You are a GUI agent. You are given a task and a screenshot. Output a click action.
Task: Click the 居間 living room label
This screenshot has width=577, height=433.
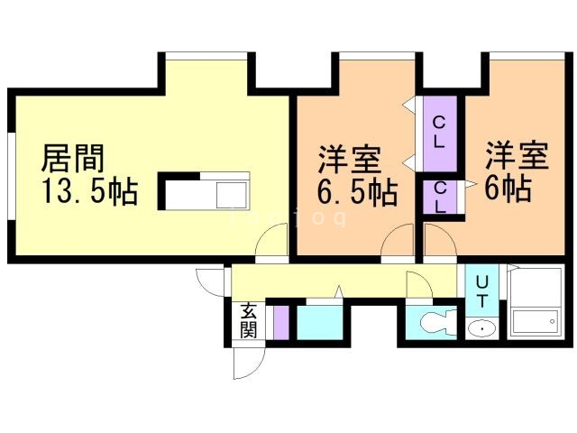coord(73,159)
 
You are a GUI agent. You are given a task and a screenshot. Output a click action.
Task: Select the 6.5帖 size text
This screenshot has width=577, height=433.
coord(356,192)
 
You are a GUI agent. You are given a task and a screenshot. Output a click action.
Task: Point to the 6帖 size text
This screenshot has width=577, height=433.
coord(508,189)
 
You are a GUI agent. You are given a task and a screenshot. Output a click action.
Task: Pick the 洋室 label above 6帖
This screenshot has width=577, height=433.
coord(517,156)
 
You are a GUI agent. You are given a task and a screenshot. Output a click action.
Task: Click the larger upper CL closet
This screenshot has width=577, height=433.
coord(438,132)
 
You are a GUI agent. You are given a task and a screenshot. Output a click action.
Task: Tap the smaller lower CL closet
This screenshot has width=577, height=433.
coord(439,197)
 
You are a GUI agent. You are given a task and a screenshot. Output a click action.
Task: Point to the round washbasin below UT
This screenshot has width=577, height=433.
coord(482,328)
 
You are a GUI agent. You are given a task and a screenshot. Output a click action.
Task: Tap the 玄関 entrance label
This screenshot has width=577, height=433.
coord(248,321)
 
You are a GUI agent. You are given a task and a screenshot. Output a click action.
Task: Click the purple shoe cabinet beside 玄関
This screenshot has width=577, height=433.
coord(280,322)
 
